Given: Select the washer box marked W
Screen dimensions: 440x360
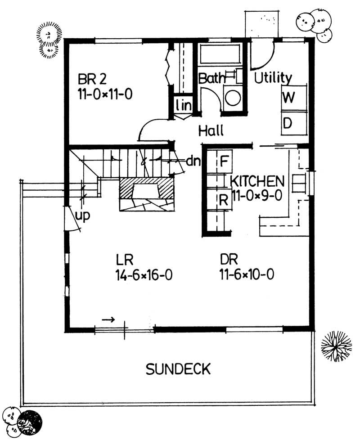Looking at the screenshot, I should [x=288, y=98].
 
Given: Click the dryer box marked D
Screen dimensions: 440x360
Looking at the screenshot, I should [x=288, y=122].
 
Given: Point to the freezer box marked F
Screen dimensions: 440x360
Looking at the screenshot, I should [x=224, y=161].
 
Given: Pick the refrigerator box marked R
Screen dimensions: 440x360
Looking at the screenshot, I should [x=223, y=200].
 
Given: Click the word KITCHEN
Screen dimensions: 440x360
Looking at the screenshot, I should [x=257, y=181].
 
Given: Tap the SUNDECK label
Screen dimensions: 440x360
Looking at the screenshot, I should [x=178, y=369].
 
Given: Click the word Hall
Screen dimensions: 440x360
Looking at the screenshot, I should [x=211, y=131].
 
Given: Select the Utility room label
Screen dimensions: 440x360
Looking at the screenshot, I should [x=273, y=78].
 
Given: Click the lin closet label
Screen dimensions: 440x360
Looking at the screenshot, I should [x=183, y=106].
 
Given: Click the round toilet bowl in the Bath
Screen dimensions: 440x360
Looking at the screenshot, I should [x=233, y=98].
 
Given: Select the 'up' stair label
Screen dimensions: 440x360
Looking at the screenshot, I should [x=83, y=216].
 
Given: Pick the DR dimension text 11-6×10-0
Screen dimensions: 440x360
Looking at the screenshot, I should [x=247, y=274].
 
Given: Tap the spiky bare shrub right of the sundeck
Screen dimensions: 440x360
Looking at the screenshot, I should [x=336, y=346].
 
